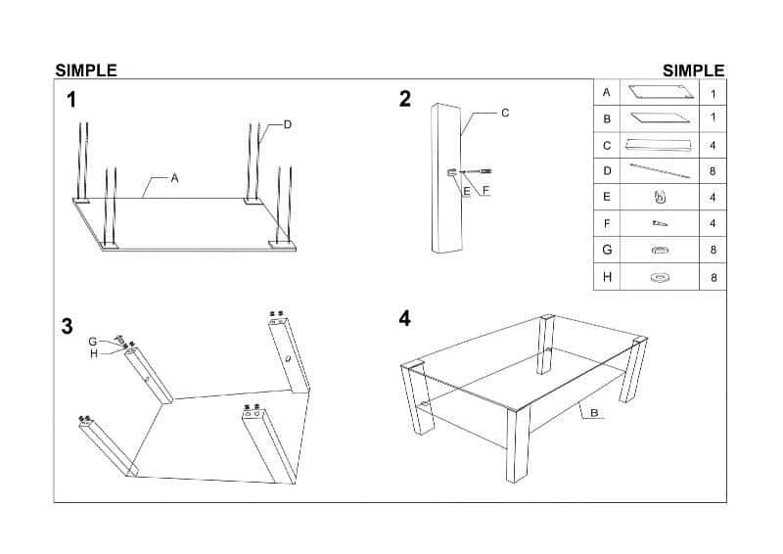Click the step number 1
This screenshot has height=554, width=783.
[71, 100]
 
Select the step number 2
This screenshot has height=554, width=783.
[405, 99]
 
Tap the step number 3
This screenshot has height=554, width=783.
[67, 326]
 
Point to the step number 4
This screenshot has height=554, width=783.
[405, 318]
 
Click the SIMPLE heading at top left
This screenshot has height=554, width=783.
[86, 70]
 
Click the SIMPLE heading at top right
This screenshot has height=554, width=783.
[693, 70]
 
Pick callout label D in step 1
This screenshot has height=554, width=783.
[288, 124]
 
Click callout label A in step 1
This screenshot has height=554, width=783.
[174, 178]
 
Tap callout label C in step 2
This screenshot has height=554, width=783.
[505, 113]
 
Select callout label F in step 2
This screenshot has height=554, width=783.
[485, 191]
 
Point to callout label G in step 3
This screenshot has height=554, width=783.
[92, 342]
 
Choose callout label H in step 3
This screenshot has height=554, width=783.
[94, 354]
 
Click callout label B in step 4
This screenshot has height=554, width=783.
[594, 413]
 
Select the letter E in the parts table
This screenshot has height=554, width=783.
[607, 197]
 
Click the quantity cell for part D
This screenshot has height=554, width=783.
[713, 171]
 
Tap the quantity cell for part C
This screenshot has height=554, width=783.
[713, 146]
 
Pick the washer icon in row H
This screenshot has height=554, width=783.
[660, 277]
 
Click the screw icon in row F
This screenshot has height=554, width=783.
[660, 223]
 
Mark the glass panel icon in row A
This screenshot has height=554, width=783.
[663, 92]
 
